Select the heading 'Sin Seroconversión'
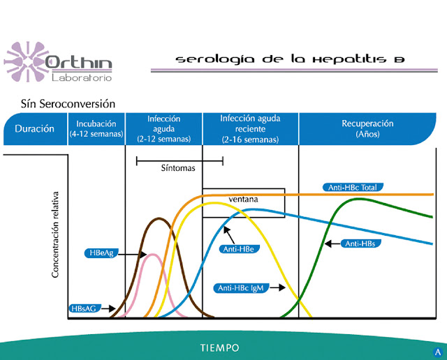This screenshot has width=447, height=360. (68, 104)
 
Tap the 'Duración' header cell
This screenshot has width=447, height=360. (34, 129)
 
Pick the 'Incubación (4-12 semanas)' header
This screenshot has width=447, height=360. (96, 128)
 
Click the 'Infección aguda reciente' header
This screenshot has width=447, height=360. (250, 129)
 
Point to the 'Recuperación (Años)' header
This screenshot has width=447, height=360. (367, 128)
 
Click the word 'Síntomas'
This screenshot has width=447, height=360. (178, 168)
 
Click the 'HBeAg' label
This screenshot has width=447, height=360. (98, 253)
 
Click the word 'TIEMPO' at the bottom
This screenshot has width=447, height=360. (220, 347)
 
